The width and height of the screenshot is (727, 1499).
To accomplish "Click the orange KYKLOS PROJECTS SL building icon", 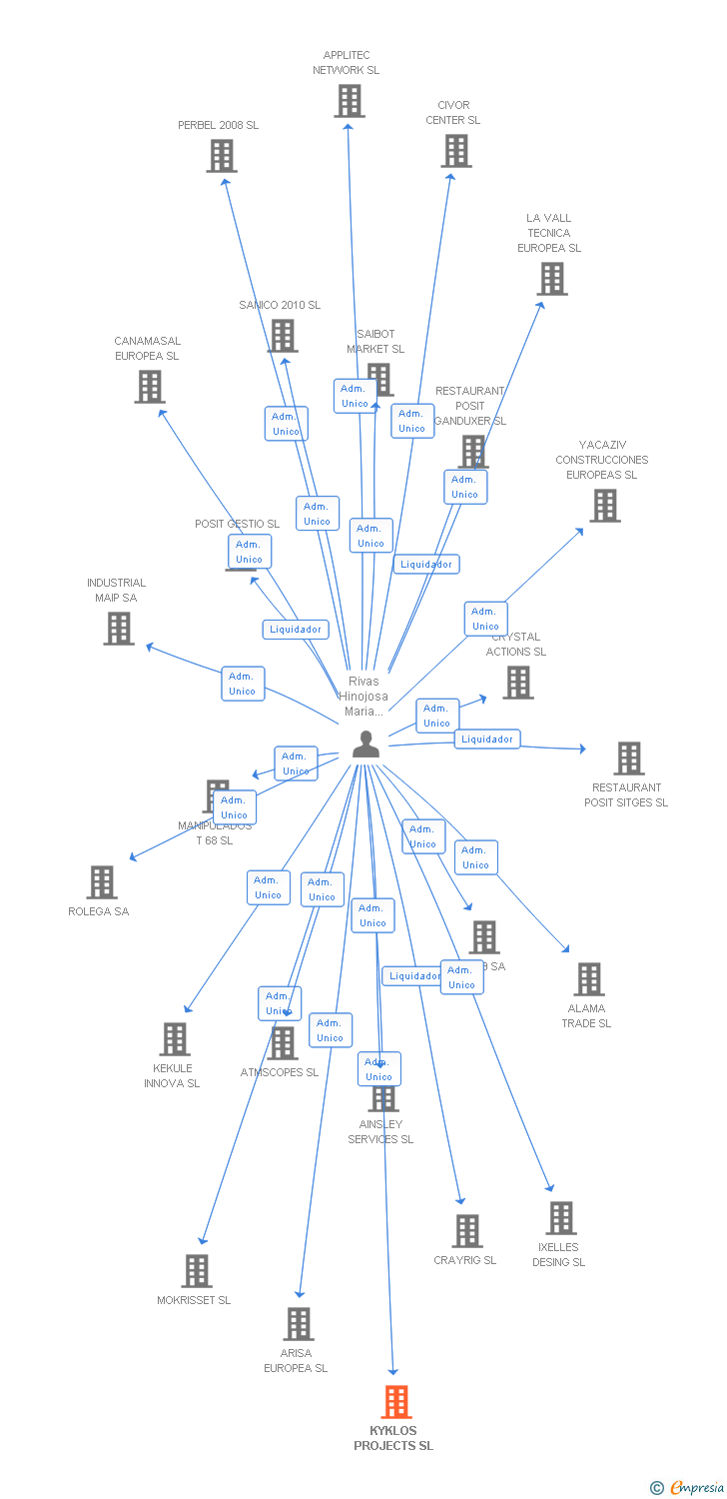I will pos(396,1401).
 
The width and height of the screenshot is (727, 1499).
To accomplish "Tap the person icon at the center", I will pos(366,745).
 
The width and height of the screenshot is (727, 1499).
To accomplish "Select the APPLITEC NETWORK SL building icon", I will pos(349,101).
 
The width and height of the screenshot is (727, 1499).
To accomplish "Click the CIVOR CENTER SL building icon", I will pos(456,150).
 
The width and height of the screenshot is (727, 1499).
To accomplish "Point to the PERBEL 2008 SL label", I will pos(218,125).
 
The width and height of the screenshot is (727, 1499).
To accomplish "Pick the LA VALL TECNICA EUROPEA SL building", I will pos(552,279).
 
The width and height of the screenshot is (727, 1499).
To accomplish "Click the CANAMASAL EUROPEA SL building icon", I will pos(149,387).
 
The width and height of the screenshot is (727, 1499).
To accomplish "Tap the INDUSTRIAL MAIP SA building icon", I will pos(119,629).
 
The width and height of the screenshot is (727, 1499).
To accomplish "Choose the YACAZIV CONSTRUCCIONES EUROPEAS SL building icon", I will pos(604,506).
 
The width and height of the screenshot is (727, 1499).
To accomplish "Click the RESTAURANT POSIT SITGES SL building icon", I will pos(628,758).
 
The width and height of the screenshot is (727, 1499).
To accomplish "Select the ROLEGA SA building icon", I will pos(101,882).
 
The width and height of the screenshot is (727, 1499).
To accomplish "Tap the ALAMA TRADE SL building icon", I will pos(589,979).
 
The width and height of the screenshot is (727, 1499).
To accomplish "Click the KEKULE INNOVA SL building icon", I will pos(175,1039).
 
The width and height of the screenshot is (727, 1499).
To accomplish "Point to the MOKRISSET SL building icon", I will pos(197,1271).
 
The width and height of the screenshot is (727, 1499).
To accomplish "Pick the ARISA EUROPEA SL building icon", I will pos(298,1324).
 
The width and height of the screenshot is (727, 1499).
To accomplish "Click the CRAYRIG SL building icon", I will pos(466,1231).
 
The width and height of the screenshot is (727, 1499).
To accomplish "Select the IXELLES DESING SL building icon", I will pos(561,1218).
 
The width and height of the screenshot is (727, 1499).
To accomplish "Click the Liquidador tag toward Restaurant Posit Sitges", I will pos(487,740).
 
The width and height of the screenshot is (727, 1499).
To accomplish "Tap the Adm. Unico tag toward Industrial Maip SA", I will pos(243,684).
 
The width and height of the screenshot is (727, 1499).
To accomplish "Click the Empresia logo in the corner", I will pos(687,1488).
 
